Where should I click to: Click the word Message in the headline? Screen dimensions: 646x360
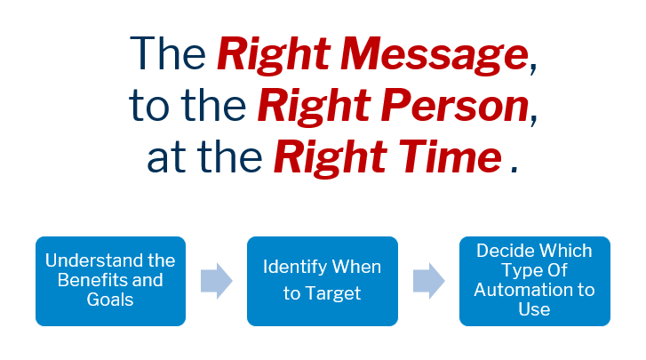click(x=435, y=55)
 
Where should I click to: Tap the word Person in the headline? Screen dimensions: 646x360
click(x=455, y=107)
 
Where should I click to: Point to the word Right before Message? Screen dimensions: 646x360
click(x=274, y=56)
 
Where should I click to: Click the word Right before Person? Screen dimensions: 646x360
click(x=315, y=107)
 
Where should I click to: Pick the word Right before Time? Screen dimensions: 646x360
click(x=331, y=158)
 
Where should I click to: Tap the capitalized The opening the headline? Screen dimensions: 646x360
click(x=168, y=53)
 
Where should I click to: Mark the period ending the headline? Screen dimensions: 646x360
click(x=514, y=169)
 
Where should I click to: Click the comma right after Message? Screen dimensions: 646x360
click(x=533, y=68)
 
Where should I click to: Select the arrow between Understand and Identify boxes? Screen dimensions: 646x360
click(x=217, y=281)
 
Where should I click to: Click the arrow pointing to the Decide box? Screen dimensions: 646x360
click(x=429, y=281)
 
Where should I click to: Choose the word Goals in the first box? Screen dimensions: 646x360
click(x=110, y=300)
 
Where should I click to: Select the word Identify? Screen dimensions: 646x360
click(x=295, y=268)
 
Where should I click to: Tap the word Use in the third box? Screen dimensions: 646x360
click(x=534, y=309)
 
